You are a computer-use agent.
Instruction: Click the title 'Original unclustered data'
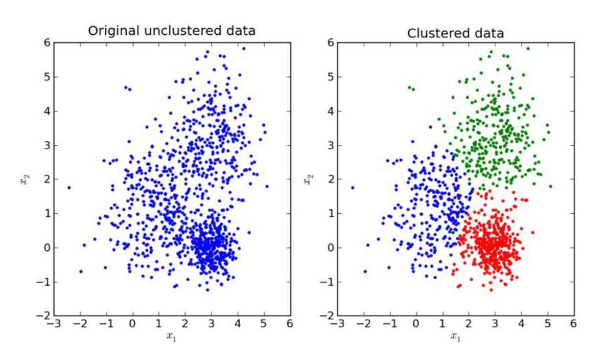pyautogui.click(x=172, y=31)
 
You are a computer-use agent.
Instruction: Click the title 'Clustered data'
pyautogui.click(x=455, y=34)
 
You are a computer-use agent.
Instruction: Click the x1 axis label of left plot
pyautogui.click(x=172, y=335)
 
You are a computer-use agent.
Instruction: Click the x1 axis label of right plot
pyautogui.click(x=456, y=335)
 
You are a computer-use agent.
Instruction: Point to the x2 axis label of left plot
pyautogui.click(x=24, y=179)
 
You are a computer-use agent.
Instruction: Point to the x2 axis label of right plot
pyautogui.click(x=308, y=179)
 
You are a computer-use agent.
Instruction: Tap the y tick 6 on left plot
pyautogui.click(x=46, y=43)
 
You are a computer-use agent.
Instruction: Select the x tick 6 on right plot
pyautogui.click(x=573, y=324)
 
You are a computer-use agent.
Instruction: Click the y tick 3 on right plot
pyautogui.click(x=330, y=145)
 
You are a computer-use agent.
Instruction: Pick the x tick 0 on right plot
pyautogui.click(x=416, y=324)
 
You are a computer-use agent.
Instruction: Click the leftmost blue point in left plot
pyautogui.click(x=69, y=188)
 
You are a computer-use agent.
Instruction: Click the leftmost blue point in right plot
pyautogui.click(x=353, y=188)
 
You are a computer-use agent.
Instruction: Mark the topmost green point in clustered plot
pyautogui.click(x=528, y=49)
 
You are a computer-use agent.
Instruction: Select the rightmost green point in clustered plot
pyautogui.click(x=551, y=186)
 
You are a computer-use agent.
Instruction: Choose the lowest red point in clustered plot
pyautogui.click(x=491, y=290)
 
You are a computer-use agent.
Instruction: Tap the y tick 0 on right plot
pyautogui.click(x=330, y=247)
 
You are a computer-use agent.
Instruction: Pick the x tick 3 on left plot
pyautogui.click(x=211, y=324)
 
